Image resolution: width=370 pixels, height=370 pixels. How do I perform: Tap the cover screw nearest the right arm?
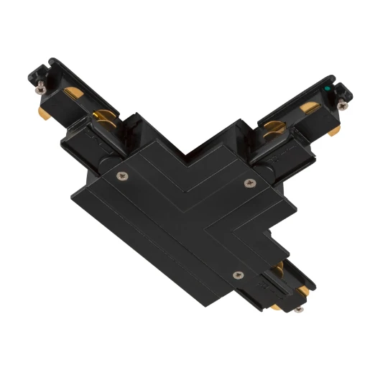(249, 182)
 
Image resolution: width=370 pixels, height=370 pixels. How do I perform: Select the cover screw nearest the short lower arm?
(238, 273)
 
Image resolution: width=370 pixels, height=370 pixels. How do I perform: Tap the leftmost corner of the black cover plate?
(69, 195)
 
